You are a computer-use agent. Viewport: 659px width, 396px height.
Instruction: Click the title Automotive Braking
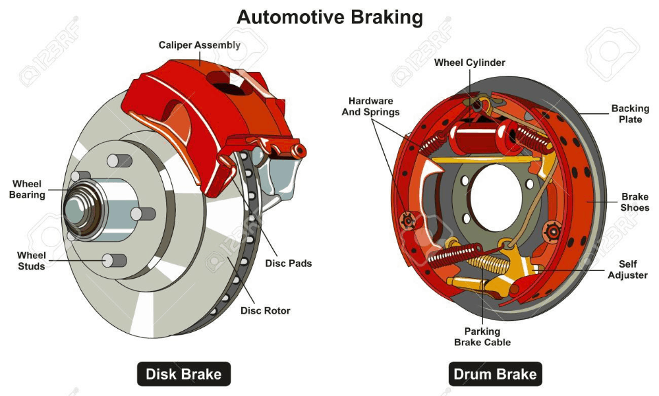[329, 17]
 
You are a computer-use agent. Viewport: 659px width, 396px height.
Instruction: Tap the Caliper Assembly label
[199, 45]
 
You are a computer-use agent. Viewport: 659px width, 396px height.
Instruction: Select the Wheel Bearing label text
[27, 189]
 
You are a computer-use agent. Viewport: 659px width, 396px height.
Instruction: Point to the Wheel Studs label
[32, 260]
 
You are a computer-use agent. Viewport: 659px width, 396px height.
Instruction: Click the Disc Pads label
[288, 263]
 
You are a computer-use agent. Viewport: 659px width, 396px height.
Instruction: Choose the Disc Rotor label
[265, 310]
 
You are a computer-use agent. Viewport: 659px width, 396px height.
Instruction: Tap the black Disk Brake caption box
[184, 374]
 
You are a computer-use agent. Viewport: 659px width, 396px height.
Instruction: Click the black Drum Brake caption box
[495, 374]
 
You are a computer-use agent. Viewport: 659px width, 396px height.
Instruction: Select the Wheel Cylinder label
[469, 63]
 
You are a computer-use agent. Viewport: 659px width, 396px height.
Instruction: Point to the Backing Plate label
[630, 113]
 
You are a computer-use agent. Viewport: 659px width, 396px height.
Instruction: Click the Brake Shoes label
[635, 202]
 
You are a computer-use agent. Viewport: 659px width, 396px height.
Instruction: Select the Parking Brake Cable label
[482, 336]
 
